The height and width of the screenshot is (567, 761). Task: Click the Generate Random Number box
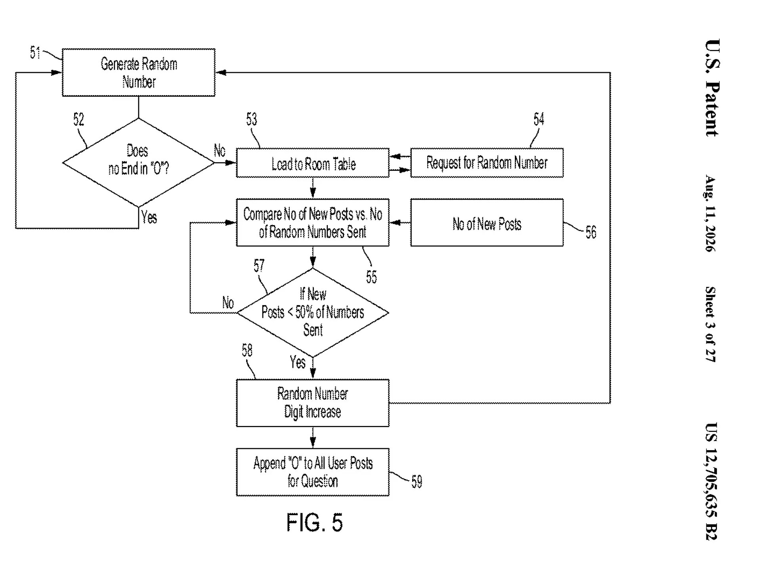139,73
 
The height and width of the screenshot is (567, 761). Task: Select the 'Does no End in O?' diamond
139,162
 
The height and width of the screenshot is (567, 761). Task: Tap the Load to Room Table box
313,163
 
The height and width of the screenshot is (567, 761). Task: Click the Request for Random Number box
487,163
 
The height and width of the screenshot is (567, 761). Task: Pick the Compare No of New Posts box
313,223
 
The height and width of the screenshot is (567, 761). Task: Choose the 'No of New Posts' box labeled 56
487,223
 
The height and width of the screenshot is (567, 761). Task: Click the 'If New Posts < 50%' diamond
313,313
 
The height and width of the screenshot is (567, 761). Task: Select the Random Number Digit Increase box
313,403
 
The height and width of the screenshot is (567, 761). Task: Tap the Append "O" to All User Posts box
313,472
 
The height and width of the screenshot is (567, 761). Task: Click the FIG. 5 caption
314,522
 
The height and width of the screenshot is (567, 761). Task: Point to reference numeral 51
35,53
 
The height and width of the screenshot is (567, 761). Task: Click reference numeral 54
539,119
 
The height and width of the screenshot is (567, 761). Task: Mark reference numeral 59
417,482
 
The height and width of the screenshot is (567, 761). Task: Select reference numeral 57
259,265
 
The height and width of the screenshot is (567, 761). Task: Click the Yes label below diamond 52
149,217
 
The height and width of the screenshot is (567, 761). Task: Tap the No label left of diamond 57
228,303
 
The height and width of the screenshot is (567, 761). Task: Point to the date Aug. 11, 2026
711,213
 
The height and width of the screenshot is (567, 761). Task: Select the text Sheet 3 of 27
711,324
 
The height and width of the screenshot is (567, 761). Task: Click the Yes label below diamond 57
298,362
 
